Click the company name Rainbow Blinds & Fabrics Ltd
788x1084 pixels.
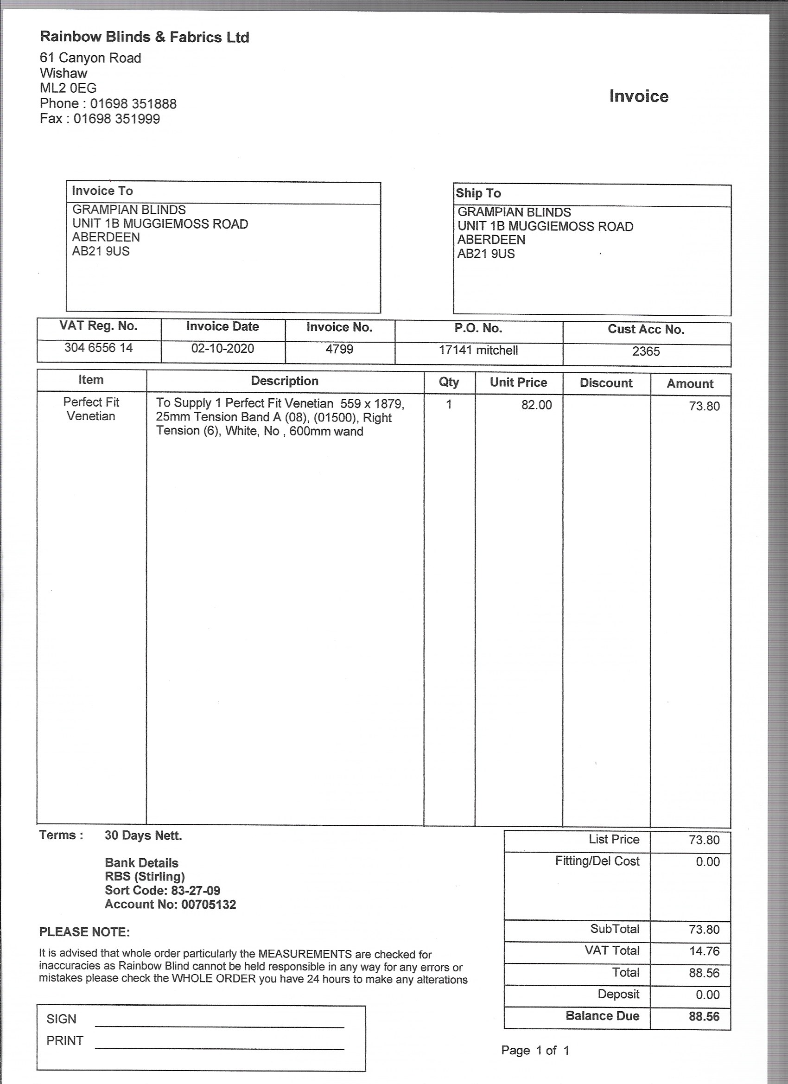pyautogui.click(x=144, y=37)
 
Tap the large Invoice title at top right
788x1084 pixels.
pyautogui.click(x=638, y=96)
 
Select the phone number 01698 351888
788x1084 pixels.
pyautogui.click(x=133, y=104)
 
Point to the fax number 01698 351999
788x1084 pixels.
pyautogui.click(x=117, y=119)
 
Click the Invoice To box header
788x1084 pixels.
pyautogui.click(x=102, y=191)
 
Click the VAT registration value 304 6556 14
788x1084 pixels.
pyautogui.click(x=98, y=348)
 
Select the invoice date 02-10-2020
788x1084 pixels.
pyautogui.click(x=222, y=349)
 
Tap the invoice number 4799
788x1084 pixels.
pyautogui.click(x=339, y=350)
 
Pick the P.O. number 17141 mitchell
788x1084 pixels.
pyautogui.click(x=478, y=351)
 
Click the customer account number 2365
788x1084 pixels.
pyautogui.click(x=646, y=352)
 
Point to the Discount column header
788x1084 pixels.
pyautogui.click(x=606, y=383)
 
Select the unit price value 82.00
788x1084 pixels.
pyautogui.click(x=536, y=405)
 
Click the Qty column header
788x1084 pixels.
pyautogui.click(x=449, y=383)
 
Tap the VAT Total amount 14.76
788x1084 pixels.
pyautogui.click(x=704, y=951)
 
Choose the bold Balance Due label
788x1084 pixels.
pyautogui.click(x=602, y=1016)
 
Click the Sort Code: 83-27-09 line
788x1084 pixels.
pyautogui.click(x=163, y=890)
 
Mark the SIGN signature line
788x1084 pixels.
pyautogui.click(x=219, y=1026)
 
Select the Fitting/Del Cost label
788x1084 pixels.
pyautogui.click(x=597, y=861)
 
